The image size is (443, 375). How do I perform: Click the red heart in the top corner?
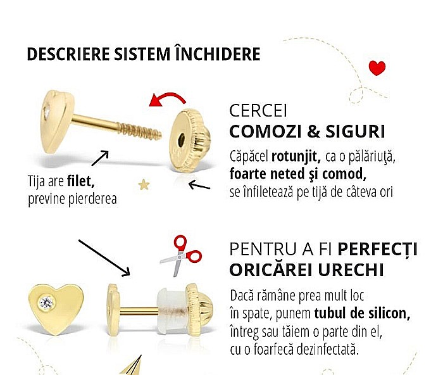tap(377, 67)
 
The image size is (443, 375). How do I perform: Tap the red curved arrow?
tap(166, 99)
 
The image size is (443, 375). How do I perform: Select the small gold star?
tap(144, 184)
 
